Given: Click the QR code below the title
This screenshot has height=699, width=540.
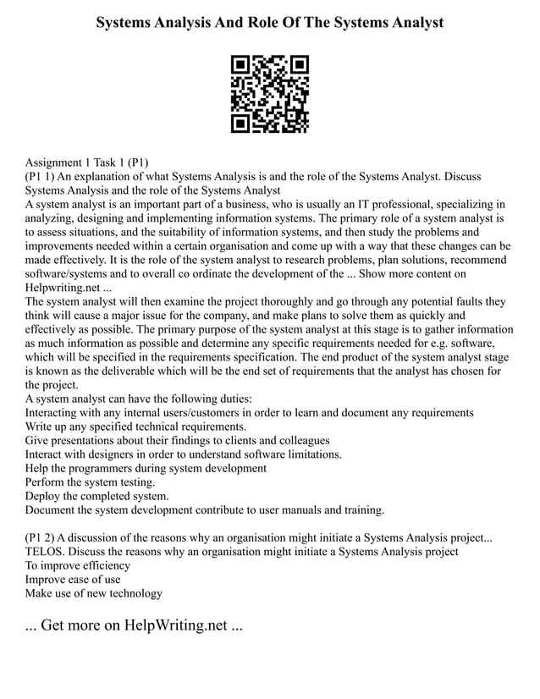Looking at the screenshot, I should pyautogui.click(x=270, y=94).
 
